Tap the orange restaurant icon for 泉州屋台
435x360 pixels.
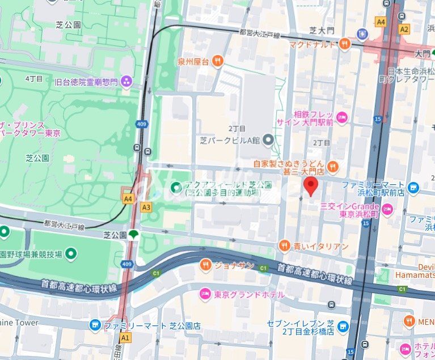point(217,61)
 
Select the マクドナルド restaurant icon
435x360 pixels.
point(344,44)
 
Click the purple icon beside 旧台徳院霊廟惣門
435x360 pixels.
point(126,82)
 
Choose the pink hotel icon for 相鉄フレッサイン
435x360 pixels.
point(341,118)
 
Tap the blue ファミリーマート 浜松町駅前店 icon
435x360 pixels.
point(413,187)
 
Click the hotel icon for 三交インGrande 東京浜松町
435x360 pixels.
point(388,211)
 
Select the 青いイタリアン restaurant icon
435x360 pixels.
point(284,245)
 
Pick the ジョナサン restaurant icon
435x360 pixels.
point(205,264)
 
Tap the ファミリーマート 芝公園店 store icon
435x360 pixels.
point(95,325)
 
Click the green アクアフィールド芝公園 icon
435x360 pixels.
point(176,186)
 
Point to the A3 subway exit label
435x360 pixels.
point(146,207)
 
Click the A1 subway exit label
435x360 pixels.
point(125,338)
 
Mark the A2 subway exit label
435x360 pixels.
point(404,28)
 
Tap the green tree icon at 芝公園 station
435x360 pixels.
point(134,234)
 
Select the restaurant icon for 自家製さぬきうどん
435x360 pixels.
point(333,167)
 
